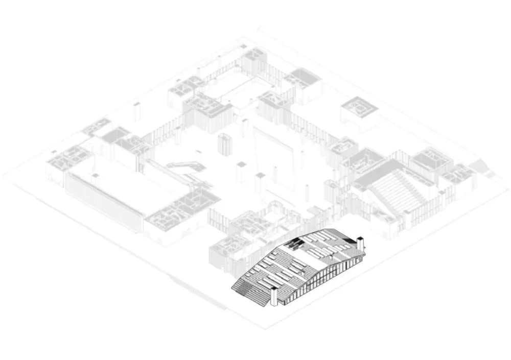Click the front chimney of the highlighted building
pos(273,296)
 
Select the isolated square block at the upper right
pos(359,109)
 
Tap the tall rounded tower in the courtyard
pos(224,145)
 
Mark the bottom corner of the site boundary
pos(266,327)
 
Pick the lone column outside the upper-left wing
pos(136,111)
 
